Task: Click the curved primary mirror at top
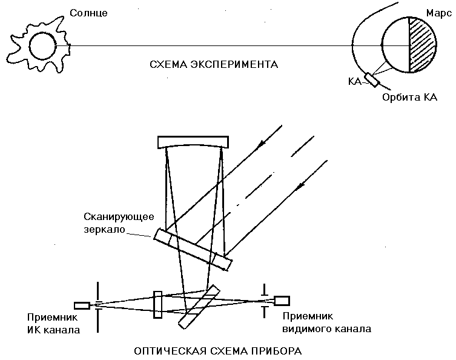coord(193,142)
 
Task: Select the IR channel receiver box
coord(81,305)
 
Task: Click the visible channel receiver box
coord(282,300)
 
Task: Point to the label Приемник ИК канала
coord(53,324)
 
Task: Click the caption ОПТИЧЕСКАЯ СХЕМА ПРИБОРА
coord(217,350)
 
